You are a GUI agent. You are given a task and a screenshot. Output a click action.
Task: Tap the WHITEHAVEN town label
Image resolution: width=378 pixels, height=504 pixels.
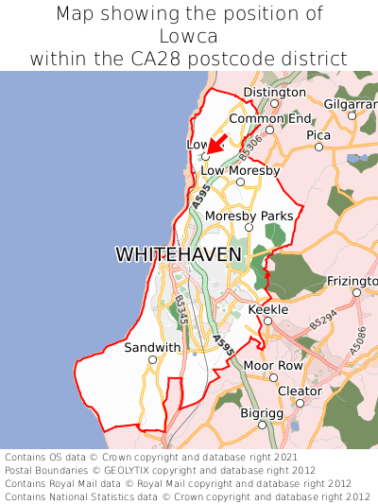tap(179, 254)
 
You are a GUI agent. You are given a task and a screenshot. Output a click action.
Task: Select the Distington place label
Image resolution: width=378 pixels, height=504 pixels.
tap(275, 92)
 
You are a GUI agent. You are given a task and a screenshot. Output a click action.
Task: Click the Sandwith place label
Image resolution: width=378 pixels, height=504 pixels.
tap(152, 347)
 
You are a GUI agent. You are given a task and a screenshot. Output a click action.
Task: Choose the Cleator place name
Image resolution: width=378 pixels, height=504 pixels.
tap(301, 391)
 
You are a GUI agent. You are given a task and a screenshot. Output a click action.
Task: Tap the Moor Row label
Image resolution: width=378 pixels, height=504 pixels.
tap(273, 365)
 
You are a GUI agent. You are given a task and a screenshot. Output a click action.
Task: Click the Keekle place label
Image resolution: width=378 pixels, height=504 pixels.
tap(266, 309)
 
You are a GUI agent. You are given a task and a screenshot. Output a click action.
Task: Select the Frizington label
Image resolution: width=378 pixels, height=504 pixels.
tap(352, 281)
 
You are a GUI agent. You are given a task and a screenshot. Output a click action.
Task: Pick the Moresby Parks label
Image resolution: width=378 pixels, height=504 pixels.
tap(249, 216)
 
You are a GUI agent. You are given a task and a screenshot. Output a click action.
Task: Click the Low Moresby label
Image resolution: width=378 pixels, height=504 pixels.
tap(241, 170)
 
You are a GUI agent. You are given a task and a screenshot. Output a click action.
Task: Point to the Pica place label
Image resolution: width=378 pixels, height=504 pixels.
tap(318, 135)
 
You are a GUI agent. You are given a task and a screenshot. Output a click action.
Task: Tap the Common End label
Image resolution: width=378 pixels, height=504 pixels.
tap(270, 118)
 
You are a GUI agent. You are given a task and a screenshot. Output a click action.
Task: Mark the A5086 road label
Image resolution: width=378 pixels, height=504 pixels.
tap(357, 340)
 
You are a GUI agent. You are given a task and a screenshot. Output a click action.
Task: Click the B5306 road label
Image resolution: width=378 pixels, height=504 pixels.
tap(249, 145)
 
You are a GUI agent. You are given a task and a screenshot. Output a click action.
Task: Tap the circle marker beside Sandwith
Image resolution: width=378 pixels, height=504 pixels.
tap(152, 359)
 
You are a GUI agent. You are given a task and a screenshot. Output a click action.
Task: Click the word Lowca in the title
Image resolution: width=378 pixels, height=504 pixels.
tap(189, 36)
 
